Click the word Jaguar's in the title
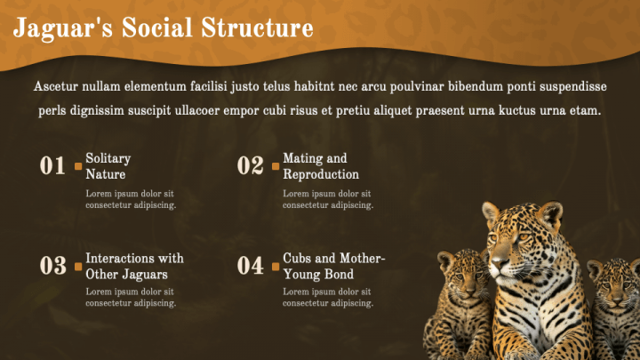coord(62,28)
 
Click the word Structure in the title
coord(257,28)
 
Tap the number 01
coord(52,165)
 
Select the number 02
coord(250,165)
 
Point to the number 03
coord(53,266)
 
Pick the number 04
coord(250,266)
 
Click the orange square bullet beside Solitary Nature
coord(78,166)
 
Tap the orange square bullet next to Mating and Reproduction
coord(276,166)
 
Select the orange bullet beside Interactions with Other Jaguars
coord(78,267)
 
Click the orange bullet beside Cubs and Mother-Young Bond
coord(276,267)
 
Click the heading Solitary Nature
coord(108,166)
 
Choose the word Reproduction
coord(321,174)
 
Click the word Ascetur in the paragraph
coord(55,86)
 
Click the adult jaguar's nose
coord(496,262)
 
